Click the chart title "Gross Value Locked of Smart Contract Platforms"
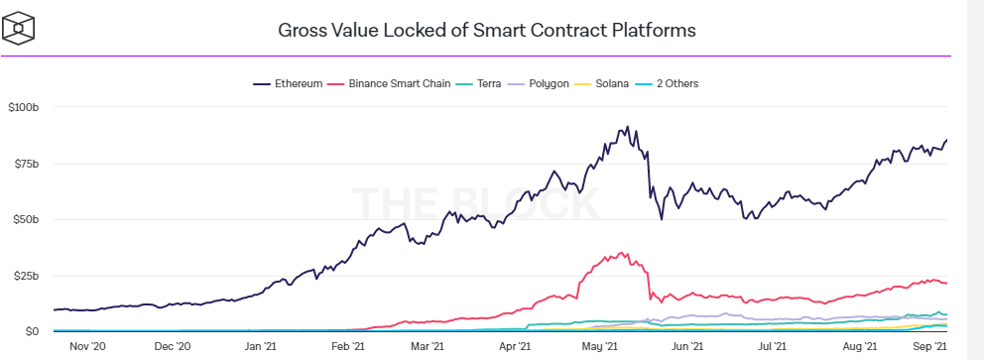pos(486,30)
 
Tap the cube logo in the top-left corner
pos(18,28)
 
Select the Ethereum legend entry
pos(288,83)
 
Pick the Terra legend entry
pos(479,83)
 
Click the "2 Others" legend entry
pos(668,83)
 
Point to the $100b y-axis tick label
pos(23,107)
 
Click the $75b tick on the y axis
pos(26,165)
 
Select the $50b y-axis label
pos(26,220)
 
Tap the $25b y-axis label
pos(26,276)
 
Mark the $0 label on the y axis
pos(32,331)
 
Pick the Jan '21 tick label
pos(260,345)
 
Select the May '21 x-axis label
pos(599,345)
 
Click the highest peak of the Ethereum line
pos(628,126)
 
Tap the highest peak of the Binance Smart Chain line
pos(621,252)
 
